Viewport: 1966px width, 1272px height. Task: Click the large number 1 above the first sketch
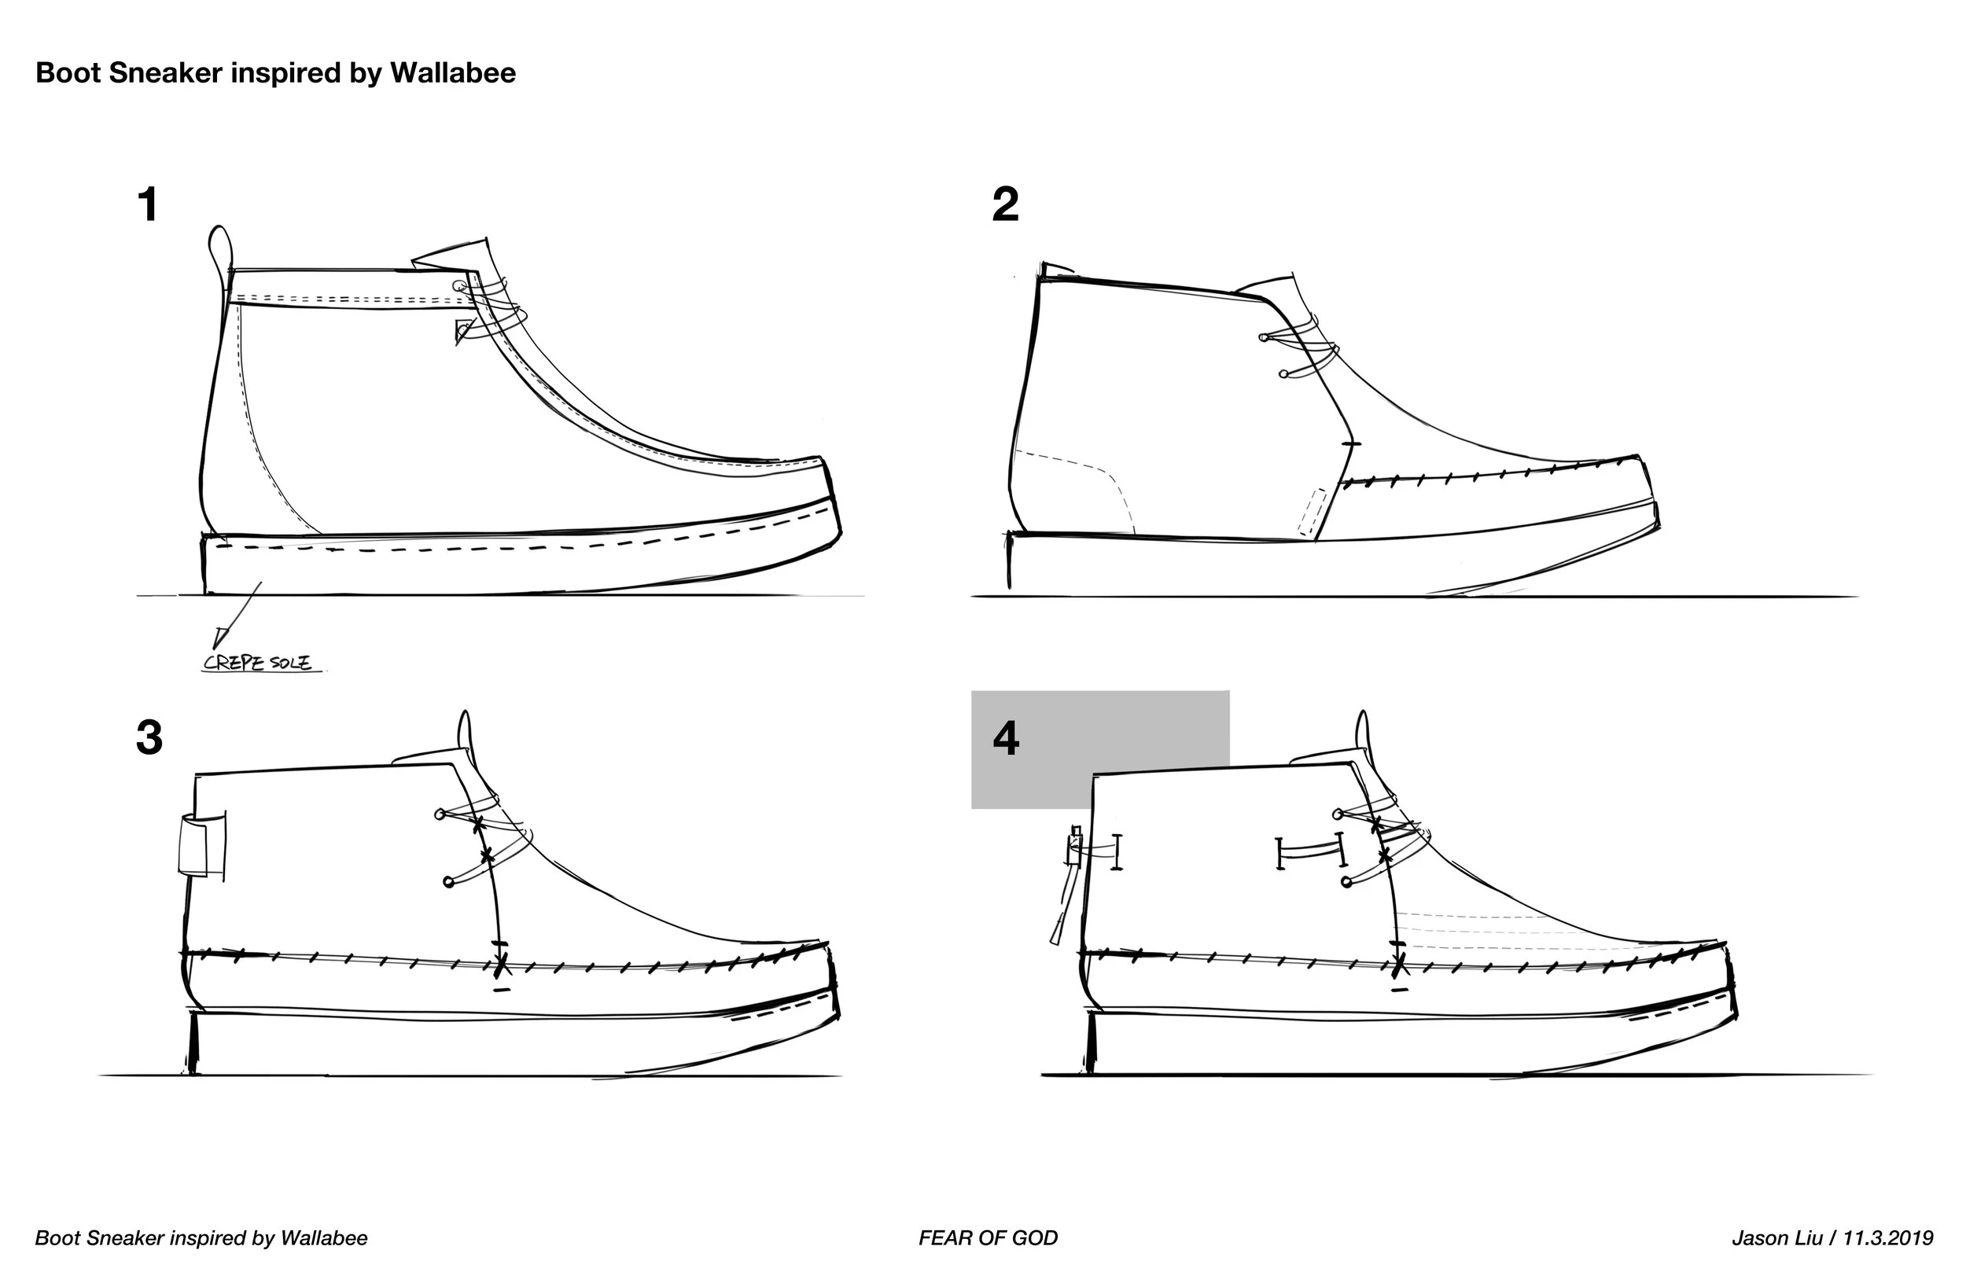pyautogui.click(x=148, y=204)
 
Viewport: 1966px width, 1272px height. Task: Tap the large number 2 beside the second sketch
pyautogui.click(x=1005, y=204)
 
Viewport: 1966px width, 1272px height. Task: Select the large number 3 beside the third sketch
pyautogui.click(x=149, y=737)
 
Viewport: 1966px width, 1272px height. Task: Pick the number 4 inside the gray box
pyautogui.click(x=1006, y=737)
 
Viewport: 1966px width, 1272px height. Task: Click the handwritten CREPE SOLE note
pyautogui.click(x=258, y=663)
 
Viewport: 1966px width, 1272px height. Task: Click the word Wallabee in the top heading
pyautogui.click(x=453, y=72)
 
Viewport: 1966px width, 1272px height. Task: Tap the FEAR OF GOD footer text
pyautogui.click(x=988, y=1238)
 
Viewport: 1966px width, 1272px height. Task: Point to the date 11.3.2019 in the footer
pyautogui.click(x=1887, y=1238)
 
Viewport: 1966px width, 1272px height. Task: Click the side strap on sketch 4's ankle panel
pyautogui.click(x=1310, y=851)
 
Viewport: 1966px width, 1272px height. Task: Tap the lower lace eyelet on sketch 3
pyautogui.click(x=448, y=882)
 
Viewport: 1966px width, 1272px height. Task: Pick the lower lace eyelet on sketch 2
pyautogui.click(x=1283, y=374)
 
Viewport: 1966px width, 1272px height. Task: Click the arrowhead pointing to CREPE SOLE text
pyautogui.click(x=219, y=637)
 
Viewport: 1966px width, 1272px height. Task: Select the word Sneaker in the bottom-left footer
pyautogui.click(x=125, y=1238)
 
